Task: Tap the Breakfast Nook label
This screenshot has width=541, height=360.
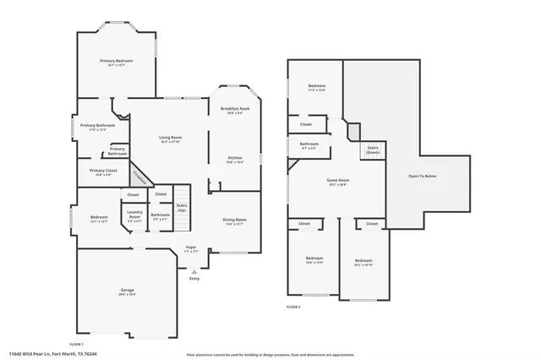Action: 234,110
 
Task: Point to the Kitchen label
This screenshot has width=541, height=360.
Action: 234,160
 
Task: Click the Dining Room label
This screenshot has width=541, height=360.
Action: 233,221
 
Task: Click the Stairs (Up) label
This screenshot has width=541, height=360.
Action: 181,208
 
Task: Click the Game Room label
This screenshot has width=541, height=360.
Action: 338,182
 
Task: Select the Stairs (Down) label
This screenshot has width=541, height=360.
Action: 372,150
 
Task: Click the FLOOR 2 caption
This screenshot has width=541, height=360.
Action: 293,306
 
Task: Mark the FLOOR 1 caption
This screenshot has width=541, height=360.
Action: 76,344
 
